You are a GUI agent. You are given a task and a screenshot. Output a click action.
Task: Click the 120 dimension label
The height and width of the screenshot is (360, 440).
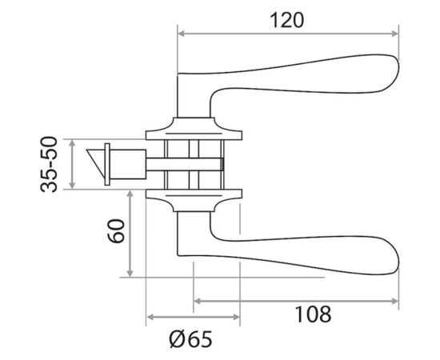pyautogui.click(x=286, y=20)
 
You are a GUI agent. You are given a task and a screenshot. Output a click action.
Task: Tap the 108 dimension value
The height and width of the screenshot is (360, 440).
pyautogui.click(x=313, y=314)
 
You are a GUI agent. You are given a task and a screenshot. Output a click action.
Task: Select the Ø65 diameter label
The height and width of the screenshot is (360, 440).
pyautogui.click(x=191, y=339)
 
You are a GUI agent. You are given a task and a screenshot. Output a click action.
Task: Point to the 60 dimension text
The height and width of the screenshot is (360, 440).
pyautogui.click(x=116, y=231)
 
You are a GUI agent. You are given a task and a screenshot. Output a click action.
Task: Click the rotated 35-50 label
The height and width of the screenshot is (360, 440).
pyautogui.click(x=49, y=164)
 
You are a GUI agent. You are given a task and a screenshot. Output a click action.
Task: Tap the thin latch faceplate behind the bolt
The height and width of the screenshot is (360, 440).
pyautogui.click(x=107, y=165)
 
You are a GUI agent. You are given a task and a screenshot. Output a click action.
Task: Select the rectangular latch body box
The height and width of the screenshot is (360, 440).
pyautogui.click(x=128, y=165)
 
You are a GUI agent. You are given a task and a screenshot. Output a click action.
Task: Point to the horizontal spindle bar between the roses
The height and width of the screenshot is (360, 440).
pyautogui.click(x=185, y=165)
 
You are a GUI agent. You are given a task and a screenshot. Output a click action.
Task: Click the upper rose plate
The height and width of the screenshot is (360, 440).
pyautogui.click(x=194, y=129)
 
